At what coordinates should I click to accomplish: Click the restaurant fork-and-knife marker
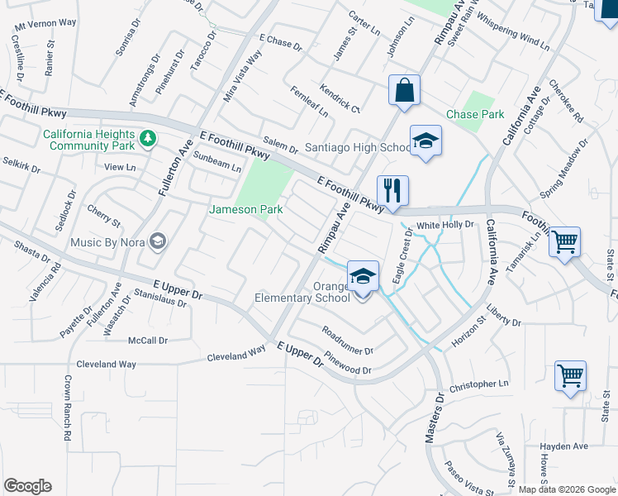click(392, 191)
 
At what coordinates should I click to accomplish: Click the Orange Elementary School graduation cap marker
click(363, 276)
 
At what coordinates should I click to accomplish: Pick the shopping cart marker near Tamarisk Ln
click(565, 242)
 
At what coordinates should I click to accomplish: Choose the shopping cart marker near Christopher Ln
click(570, 376)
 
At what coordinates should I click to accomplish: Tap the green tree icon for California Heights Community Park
click(148, 138)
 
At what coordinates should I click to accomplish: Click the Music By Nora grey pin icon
click(158, 241)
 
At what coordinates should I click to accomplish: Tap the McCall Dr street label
click(148, 340)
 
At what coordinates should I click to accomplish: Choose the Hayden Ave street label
click(563, 446)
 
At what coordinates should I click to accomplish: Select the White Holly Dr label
click(444, 225)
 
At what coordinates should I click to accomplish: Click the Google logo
click(27, 486)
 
